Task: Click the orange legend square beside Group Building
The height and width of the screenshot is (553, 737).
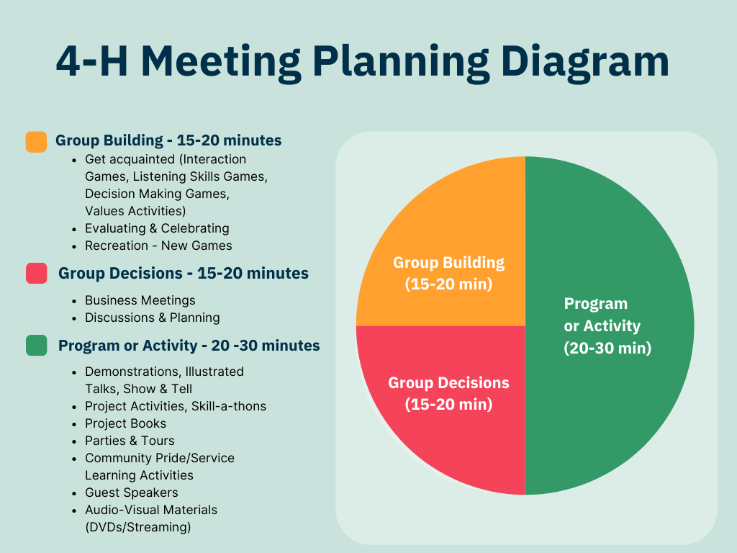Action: click(x=36, y=141)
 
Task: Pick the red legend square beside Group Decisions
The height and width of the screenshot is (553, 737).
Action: click(x=36, y=274)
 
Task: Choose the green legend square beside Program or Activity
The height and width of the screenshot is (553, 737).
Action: click(x=36, y=346)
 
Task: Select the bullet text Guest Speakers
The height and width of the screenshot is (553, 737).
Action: click(x=132, y=493)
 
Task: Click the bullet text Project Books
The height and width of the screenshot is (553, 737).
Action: click(x=125, y=423)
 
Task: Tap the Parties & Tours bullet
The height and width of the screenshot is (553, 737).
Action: click(x=130, y=441)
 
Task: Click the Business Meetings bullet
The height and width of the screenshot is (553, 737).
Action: click(x=140, y=300)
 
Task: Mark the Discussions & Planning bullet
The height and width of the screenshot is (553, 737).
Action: click(x=153, y=318)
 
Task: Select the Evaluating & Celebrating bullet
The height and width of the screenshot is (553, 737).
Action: click(x=157, y=228)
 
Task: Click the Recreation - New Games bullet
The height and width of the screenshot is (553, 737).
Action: click(x=158, y=246)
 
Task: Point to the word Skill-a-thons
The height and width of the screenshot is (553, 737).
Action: click(x=229, y=406)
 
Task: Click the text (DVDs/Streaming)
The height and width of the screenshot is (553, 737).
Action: click(x=138, y=527)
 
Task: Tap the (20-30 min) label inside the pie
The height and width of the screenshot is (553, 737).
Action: click(x=607, y=348)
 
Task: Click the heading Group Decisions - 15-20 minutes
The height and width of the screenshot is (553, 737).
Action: click(x=183, y=274)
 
